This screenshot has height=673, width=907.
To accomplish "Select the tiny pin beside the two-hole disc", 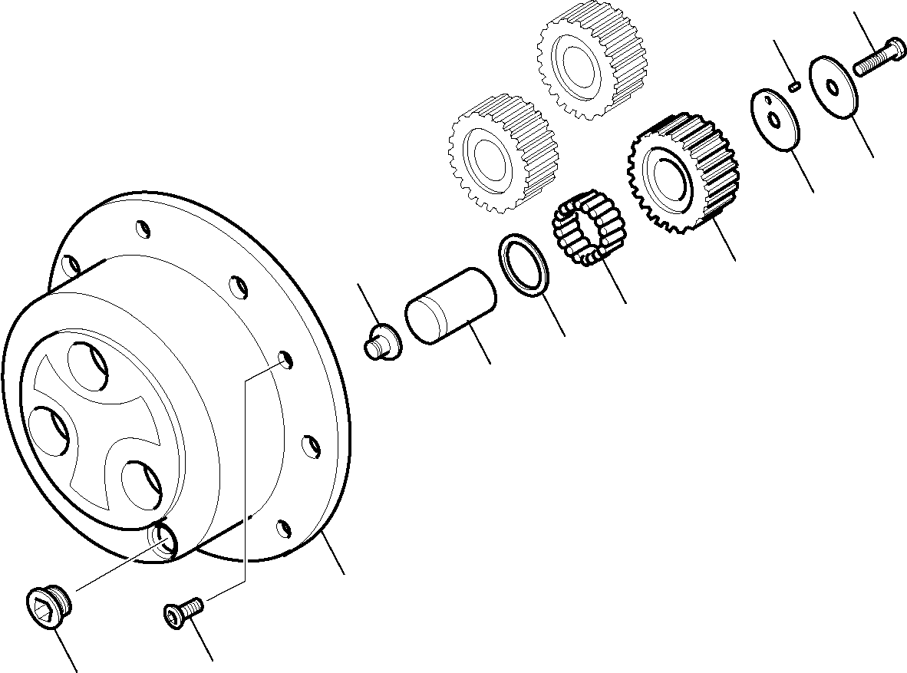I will coord(795,86).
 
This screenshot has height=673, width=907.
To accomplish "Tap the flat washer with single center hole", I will coord(832,86).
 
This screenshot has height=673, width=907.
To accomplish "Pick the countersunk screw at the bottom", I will coord(183,613).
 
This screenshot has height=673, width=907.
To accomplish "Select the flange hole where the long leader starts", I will coord(284,360).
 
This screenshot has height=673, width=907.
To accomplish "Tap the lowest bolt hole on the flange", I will coord(283,528).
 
